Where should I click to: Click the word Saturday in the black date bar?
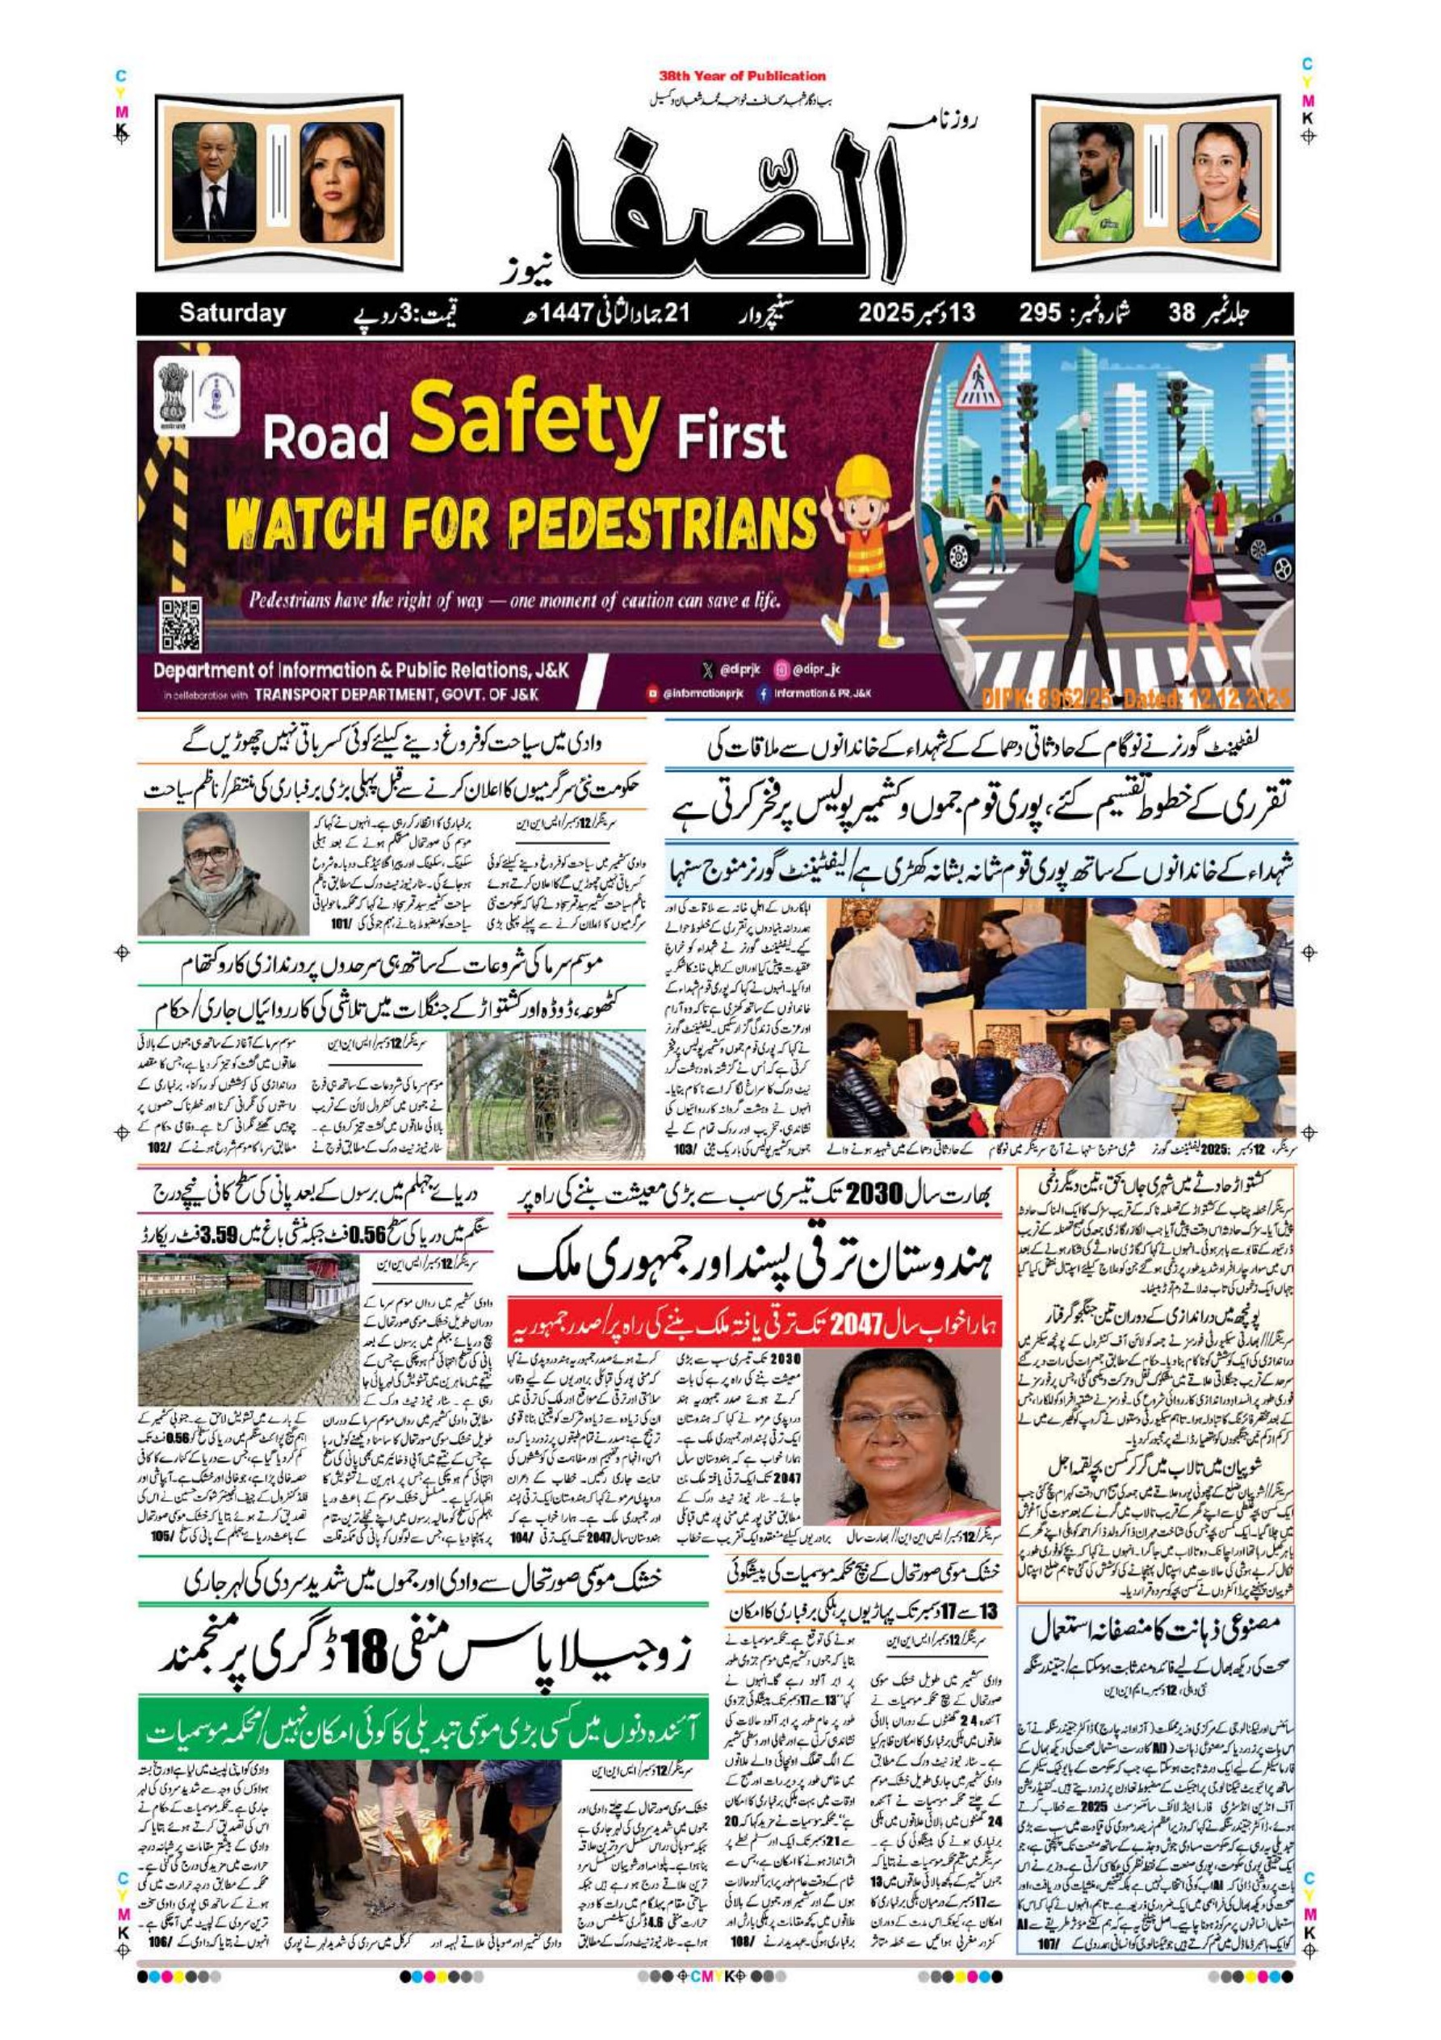(x=232, y=313)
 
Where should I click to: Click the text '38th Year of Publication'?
(x=742, y=77)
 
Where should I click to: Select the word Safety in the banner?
(x=534, y=423)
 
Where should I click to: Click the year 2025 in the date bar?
(x=886, y=313)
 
